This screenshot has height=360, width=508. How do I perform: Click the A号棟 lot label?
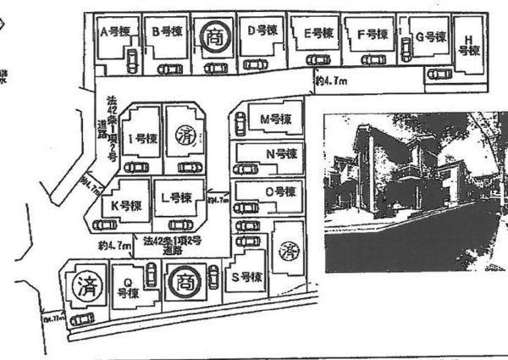click(x=116, y=32)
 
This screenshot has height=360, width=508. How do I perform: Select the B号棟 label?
click(x=167, y=32)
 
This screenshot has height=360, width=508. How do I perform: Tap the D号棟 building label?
click(x=262, y=30)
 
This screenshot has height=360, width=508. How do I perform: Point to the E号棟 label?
click(x=320, y=33)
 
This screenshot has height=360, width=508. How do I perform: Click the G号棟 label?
click(x=431, y=37)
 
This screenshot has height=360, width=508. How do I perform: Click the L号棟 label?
click(x=174, y=197)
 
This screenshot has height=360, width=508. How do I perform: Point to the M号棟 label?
click(x=275, y=119)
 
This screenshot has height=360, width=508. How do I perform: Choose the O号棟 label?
click(x=279, y=191)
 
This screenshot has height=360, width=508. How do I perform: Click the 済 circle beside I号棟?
click(x=185, y=134)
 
